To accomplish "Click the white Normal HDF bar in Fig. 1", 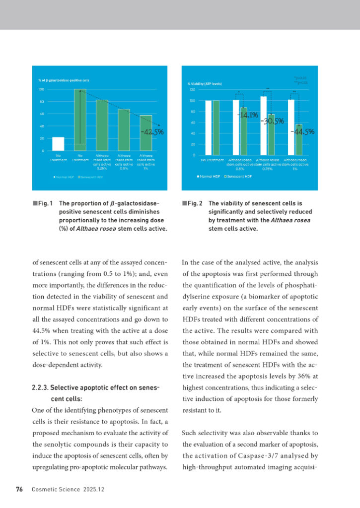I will (58, 143).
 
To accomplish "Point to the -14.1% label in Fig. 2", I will (247, 116).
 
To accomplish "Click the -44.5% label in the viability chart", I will (302, 131).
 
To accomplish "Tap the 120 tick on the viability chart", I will (192, 90).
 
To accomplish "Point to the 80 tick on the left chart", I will (41, 102).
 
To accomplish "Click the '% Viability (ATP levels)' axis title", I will (205, 84).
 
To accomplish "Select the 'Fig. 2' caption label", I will (196, 203).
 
